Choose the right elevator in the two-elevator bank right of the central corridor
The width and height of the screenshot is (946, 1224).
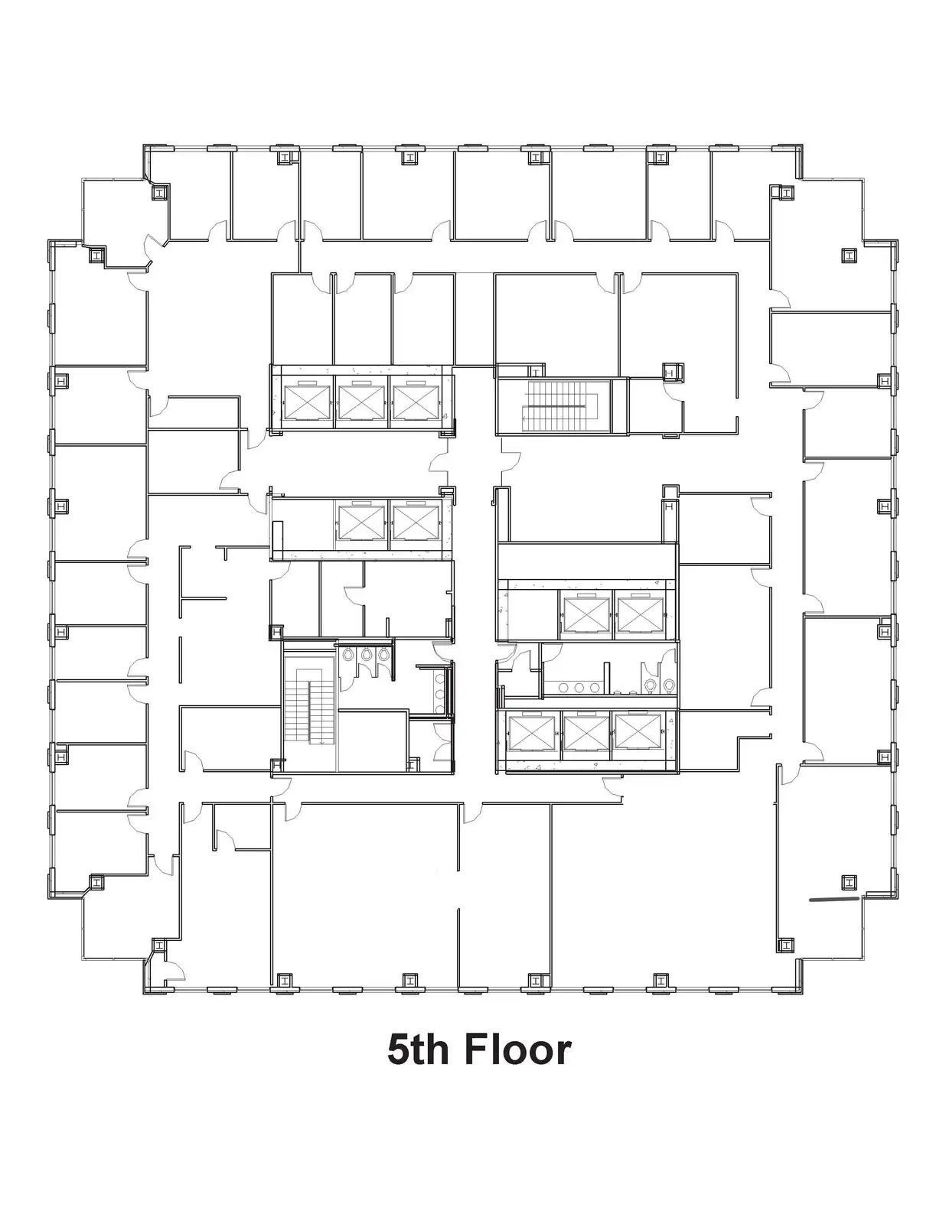coord(641,614)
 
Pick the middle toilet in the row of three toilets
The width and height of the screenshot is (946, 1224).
coord(366,655)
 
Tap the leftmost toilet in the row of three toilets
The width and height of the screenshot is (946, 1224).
coord(348,655)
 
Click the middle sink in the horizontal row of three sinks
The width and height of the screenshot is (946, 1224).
coord(578,687)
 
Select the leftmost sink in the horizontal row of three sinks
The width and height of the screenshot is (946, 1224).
coord(562,687)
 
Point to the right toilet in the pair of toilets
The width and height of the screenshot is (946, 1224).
coord(668,685)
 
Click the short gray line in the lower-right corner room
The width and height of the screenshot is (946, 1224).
coord(833,899)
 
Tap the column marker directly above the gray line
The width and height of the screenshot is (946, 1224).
coord(848,882)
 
